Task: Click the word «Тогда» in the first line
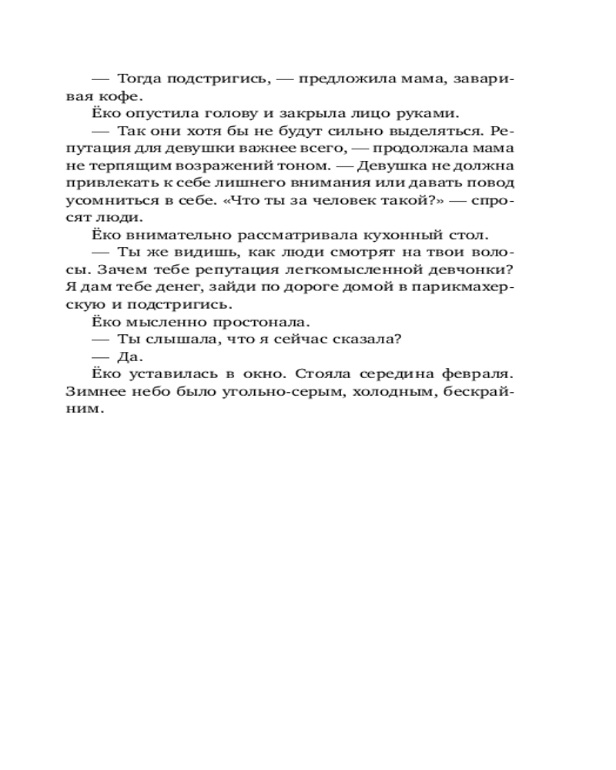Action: click(137, 78)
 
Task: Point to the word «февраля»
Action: click(479, 374)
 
